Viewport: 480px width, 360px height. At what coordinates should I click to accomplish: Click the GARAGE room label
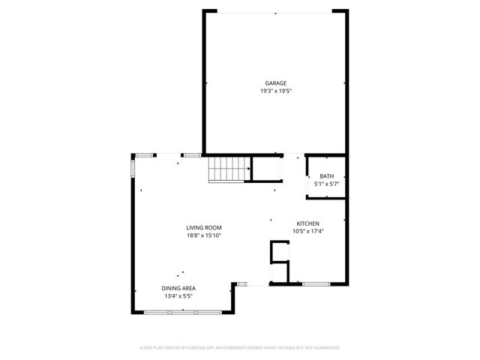275,83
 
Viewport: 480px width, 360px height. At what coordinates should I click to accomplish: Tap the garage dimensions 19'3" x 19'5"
275,91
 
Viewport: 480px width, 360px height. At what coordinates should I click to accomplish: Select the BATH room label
327,176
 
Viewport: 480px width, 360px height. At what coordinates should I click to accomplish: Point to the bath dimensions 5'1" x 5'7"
327,184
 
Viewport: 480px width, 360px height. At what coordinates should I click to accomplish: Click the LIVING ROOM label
204,228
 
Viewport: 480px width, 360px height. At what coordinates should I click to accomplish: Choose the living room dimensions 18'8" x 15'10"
204,235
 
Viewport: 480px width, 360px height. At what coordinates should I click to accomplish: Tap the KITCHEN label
308,224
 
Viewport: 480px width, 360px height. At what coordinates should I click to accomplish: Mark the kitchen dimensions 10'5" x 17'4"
308,232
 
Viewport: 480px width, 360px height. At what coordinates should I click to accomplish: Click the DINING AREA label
178,288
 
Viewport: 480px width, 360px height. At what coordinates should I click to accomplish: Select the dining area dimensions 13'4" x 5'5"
178,295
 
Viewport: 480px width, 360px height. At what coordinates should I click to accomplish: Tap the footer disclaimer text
240,347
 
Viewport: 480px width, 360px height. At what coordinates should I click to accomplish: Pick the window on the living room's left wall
133,166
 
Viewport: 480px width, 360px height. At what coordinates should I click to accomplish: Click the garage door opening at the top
276,11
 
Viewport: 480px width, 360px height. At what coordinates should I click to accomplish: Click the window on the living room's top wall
191,154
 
